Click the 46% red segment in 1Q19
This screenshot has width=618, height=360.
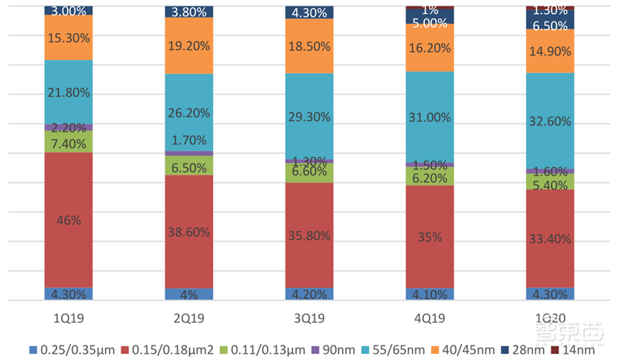[x=68, y=220]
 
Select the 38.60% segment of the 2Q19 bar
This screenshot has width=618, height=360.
[x=188, y=231]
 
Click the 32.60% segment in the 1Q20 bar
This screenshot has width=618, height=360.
[x=550, y=121]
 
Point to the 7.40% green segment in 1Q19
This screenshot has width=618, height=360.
[x=68, y=142]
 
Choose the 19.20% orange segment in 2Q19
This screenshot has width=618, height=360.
[x=188, y=46]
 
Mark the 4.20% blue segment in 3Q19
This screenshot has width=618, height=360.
[x=309, y=294]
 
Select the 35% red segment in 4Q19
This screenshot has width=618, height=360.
[x=430, y=236]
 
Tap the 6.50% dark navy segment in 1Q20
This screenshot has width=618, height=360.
[x=550, y=25]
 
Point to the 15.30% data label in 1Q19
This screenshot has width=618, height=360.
[x=68, y=37]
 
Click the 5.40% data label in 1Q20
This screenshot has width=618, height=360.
[x=550, y=185]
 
